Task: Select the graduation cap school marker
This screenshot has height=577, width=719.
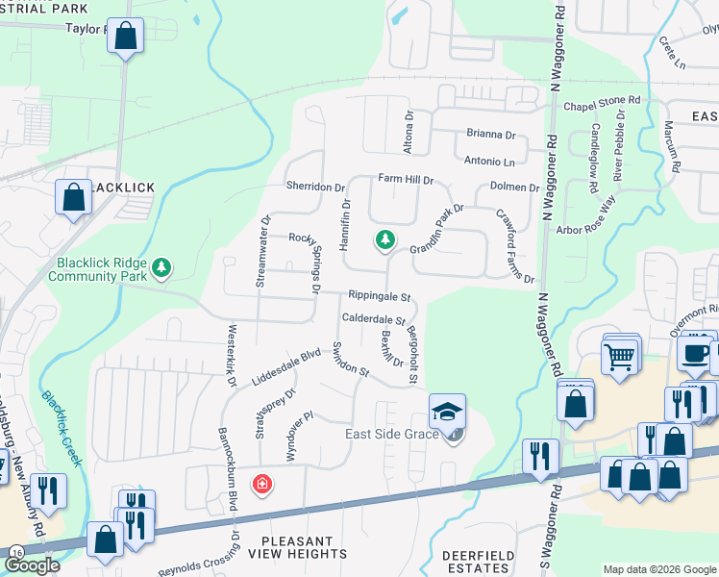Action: [447, 412]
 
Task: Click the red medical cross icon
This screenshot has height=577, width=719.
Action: [260, 484]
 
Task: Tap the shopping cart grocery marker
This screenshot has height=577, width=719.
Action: [620, 356]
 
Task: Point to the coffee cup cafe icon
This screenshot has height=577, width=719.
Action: [696, 352]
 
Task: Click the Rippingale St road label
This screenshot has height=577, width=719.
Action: [380, 297]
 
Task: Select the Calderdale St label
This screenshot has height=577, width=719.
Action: [373, 319]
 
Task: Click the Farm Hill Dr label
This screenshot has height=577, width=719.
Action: [406, 179]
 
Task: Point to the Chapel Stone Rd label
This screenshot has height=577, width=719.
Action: [602, 101]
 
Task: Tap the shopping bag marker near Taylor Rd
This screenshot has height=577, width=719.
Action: [126, 38]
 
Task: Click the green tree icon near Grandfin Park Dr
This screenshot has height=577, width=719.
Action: [385, 239]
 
